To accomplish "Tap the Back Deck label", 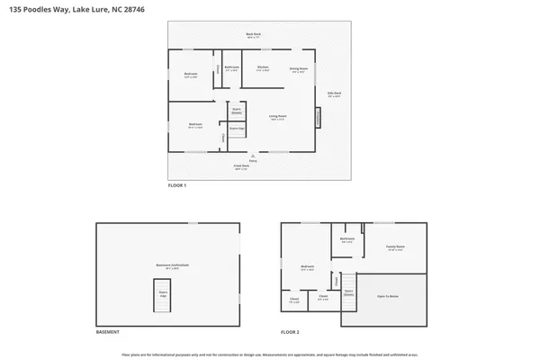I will point(253,35).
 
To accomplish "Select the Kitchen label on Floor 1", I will point(263,68).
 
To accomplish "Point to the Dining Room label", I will point(299,68).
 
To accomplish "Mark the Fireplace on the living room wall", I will point(317,118).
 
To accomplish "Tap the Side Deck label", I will point(333,94).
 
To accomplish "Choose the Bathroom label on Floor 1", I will point(231,68).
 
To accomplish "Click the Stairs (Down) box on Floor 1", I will point(237,111).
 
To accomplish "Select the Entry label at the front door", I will point(240,160).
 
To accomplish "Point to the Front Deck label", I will point(241,166).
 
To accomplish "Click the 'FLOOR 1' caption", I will point(177,185).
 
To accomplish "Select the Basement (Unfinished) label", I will point(168,265).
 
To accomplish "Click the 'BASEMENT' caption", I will point(108,332).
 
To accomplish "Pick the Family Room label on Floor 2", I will point(394,247).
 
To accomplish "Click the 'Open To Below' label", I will point(389,295).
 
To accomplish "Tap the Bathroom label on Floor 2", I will point(346,239).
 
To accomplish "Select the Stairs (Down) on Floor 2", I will point(348,292).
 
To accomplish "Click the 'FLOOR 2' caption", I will point(289,332).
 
